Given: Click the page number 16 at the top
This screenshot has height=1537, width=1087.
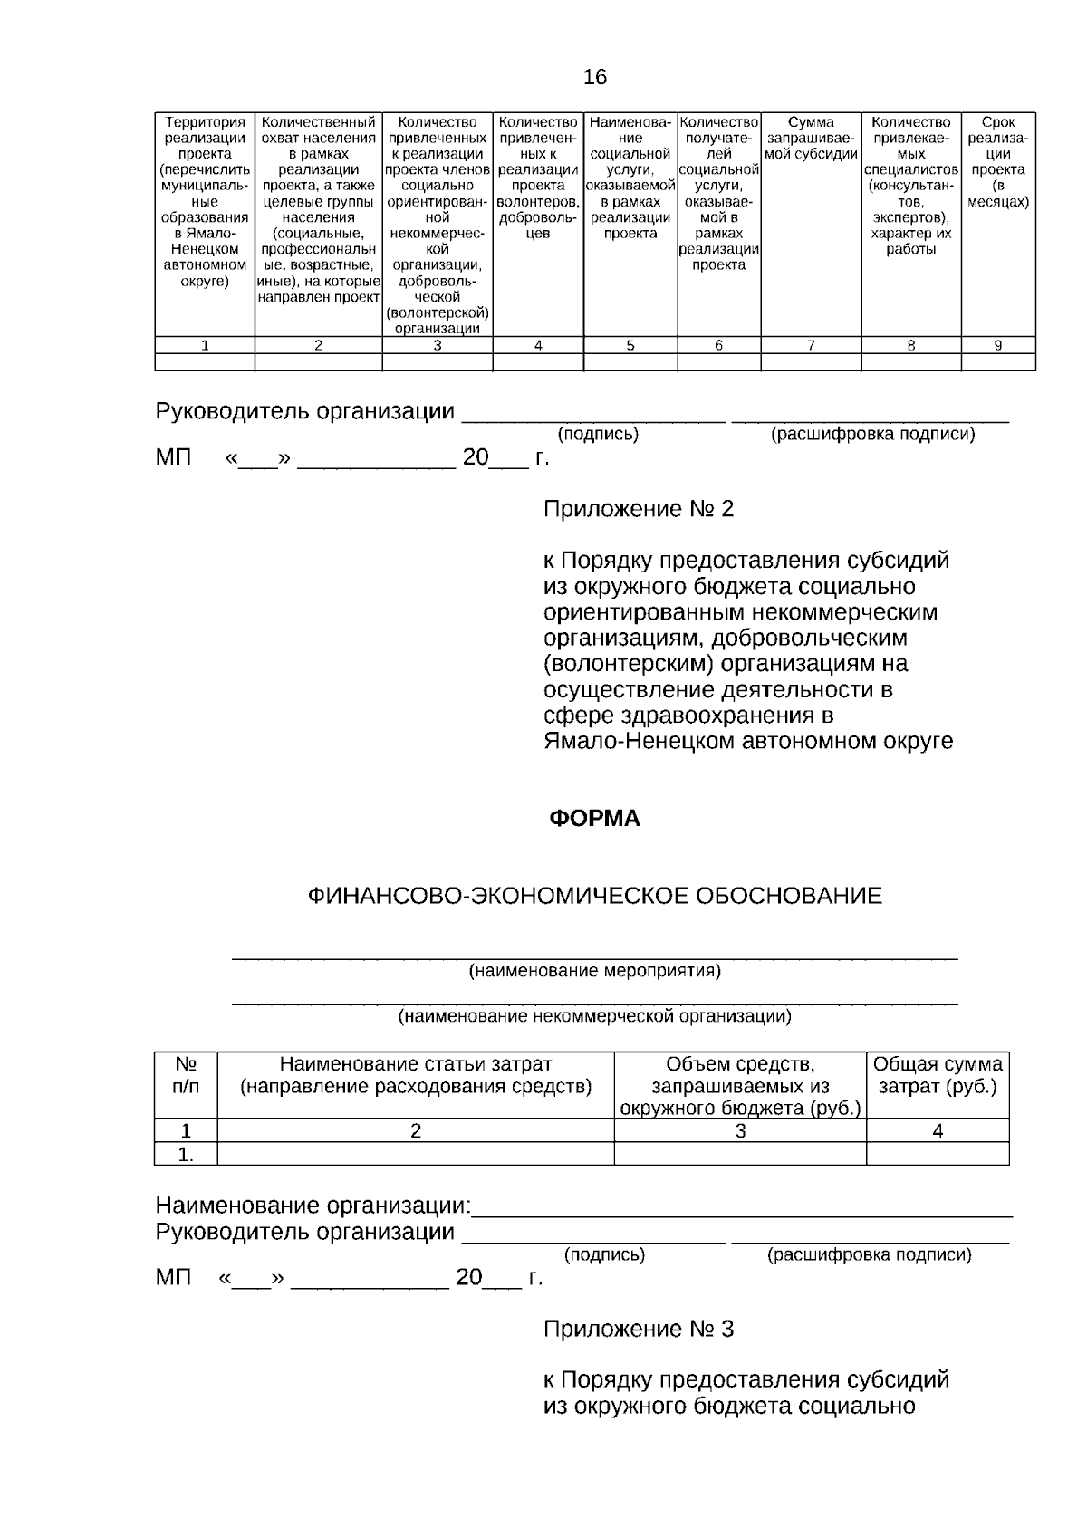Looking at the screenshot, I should click(595, 78).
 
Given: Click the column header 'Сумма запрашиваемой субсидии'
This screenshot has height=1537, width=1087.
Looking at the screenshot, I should click(811, 138).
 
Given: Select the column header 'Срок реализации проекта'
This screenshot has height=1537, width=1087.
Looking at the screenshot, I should click(997, 161).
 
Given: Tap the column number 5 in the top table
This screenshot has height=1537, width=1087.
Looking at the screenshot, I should click(630, 345).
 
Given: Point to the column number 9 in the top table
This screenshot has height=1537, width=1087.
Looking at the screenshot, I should click(997, 345).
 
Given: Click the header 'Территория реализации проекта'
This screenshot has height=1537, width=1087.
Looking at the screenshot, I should click(205, 201).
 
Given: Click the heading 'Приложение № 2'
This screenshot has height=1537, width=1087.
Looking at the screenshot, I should click(638, 509).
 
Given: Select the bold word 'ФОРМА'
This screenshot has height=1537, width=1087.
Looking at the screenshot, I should click(595, 819).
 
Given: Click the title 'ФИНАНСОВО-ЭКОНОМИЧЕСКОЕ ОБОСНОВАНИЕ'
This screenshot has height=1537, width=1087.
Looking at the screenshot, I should click(595, 897).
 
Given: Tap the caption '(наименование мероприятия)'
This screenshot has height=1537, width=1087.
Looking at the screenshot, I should click(594, 972).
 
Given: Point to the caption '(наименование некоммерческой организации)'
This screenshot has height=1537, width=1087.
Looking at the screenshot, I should click(595, 1016).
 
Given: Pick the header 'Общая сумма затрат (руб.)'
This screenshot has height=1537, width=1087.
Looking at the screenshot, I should click(938, 1075).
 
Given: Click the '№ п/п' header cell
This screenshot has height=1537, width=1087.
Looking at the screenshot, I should click(186, 1075).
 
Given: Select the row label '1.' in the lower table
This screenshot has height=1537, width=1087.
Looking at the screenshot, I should click(186, 1155).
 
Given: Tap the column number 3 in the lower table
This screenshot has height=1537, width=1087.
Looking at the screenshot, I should click(740, 1131).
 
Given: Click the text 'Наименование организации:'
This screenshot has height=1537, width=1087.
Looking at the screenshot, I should click(313, 1206).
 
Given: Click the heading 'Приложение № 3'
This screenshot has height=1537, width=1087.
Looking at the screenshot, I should click(638, 1329).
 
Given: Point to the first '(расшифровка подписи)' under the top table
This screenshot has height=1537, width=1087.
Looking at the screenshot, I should click(872, 435).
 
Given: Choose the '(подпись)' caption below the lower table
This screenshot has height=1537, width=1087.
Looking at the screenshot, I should click(604, 1255).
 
